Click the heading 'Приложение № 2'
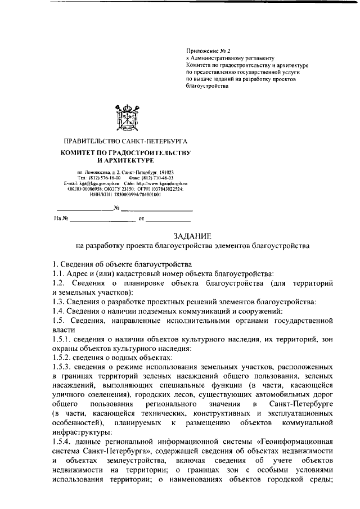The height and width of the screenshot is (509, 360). click(x=205, y=50)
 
